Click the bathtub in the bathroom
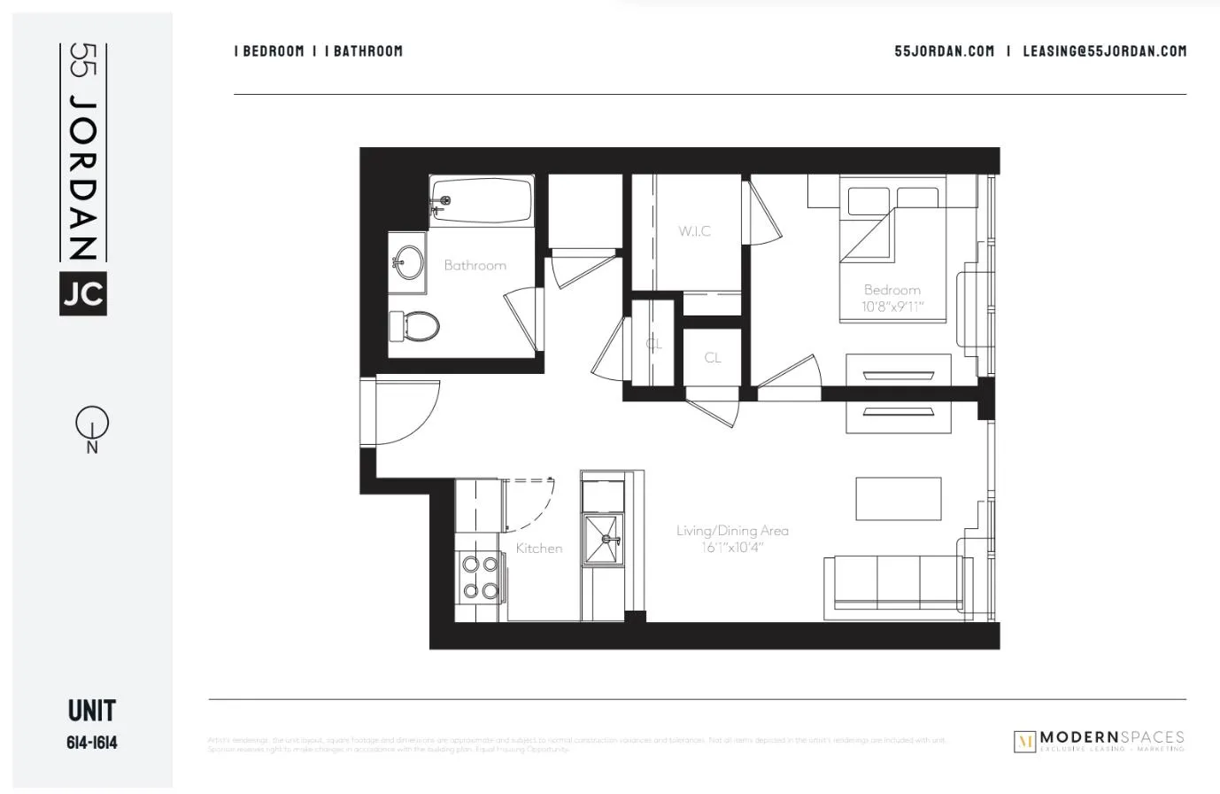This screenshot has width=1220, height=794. pyautogui.click(x=482, y=201)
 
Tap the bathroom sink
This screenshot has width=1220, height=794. pyautogui.click(x=408, y=262)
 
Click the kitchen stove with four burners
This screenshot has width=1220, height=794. pyautogui.click(x=479, y=577)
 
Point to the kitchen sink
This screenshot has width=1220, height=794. pyautogui.click(x=605, y=538)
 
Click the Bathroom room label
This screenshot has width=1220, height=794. pyautogui.click(x=475, y=265)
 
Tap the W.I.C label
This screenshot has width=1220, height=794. pyautogui.click(x=695, y=231)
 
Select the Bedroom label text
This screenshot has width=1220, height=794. pyautogui.click(x=892, y=290)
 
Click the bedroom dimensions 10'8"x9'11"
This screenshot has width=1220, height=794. pyautogui.click(x=892, y=307)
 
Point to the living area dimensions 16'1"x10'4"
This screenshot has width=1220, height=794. pyautogui.click(x=731, y=548)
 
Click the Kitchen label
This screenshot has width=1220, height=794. pyautogui.click(x=538, y=549)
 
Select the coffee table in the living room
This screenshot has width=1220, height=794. pyautogui.click(x=898, y=499)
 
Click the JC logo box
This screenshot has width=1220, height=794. pyautogui.click(x=83, y=293)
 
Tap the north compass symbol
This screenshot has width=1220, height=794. pyautogui.click(x=91, y=424)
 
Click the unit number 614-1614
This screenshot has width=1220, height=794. pyautogui.click(x=91, y=743)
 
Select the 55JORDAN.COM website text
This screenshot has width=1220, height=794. pyautogui.click(x=944, y=51)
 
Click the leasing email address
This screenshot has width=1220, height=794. pyautogui.click(x=1104, y=51)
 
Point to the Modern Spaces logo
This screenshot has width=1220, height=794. pyautogui.click(x=1098, y=741)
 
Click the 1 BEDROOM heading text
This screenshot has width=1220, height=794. pyautogui.click(x=269, y=51)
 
